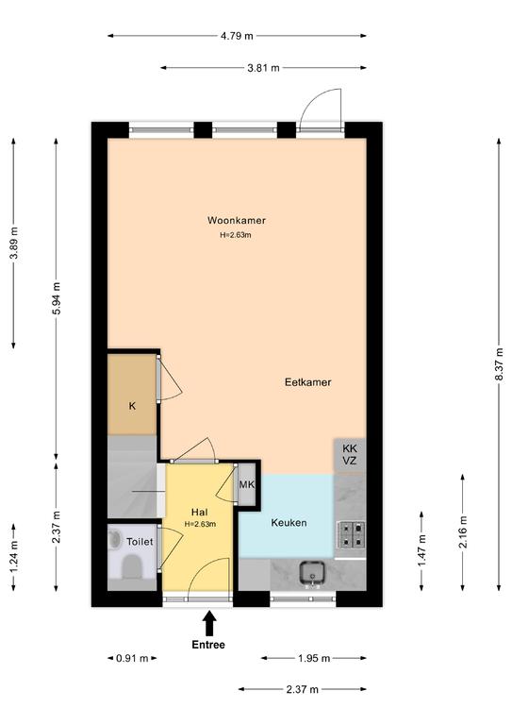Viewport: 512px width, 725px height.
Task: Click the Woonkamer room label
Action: pyautogui.click(x=237, y=220)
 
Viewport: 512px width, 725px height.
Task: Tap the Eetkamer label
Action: pyautogui.click(x=308, y=382)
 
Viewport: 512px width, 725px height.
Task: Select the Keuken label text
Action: pyautogui.click(x=289, y=523)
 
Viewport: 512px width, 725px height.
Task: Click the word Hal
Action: pyautogui.click(x=200, y=513)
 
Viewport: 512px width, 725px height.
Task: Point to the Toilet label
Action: pyautogui.click(x=140, y=542)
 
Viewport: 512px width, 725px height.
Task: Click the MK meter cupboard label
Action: pyautogui.click(x=247, y=484)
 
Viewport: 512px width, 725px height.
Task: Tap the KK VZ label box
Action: pyautogui.click(x=350, y=455)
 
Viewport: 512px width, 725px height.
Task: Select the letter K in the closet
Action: pyautogui.click(x=133, y=406)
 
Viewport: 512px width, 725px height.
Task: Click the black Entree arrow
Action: pyautogui.click(x=209, y=624)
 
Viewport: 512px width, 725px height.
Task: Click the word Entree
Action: pyautogui.click(x=208, y=645)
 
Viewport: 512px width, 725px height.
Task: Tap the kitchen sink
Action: pyautogui.click(x=312, y=573)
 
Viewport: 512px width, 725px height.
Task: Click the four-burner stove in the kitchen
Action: pyautogui.click(x=352, y=534)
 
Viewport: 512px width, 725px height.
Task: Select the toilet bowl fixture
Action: pyautogui.click(x=132, y=567)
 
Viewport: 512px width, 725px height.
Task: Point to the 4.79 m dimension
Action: pyautogui.click(x=237, y=36)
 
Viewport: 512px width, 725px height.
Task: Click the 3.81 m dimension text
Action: pyautogui.click(x=263, y=68)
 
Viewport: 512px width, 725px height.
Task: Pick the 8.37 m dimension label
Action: pyautogui.click(x=499, y=364)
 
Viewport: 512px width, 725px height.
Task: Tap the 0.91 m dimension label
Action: pyautogui.click(x=132, y=658)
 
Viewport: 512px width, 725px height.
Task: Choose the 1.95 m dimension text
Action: pyautogui.click(x=314, y=658)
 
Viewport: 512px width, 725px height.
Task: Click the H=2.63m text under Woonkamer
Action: pyautogui.click(x=236, y=235)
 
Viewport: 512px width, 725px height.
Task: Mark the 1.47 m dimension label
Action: pyautogui.click(x=421, y=550)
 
